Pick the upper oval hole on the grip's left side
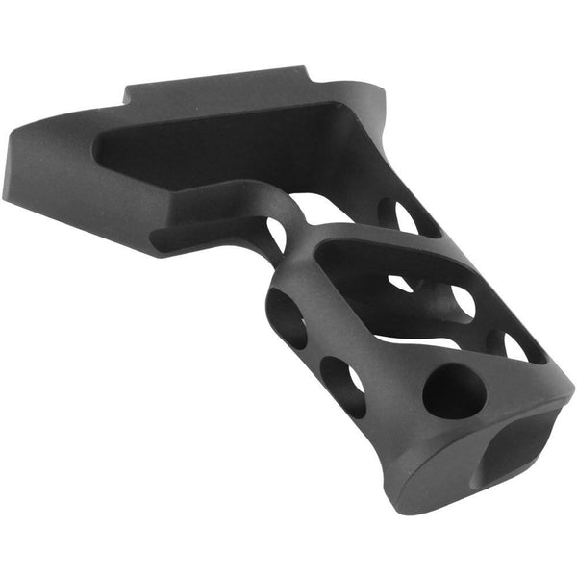pos(287,316)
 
